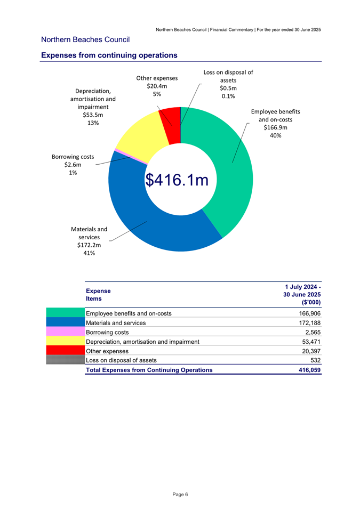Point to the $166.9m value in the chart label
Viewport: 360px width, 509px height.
275,127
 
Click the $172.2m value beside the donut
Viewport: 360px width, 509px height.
89,245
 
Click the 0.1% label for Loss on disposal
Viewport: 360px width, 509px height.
228,96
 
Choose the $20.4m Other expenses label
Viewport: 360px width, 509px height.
157,86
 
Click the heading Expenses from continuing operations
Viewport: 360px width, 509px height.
109,55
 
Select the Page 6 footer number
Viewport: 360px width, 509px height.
180,495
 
